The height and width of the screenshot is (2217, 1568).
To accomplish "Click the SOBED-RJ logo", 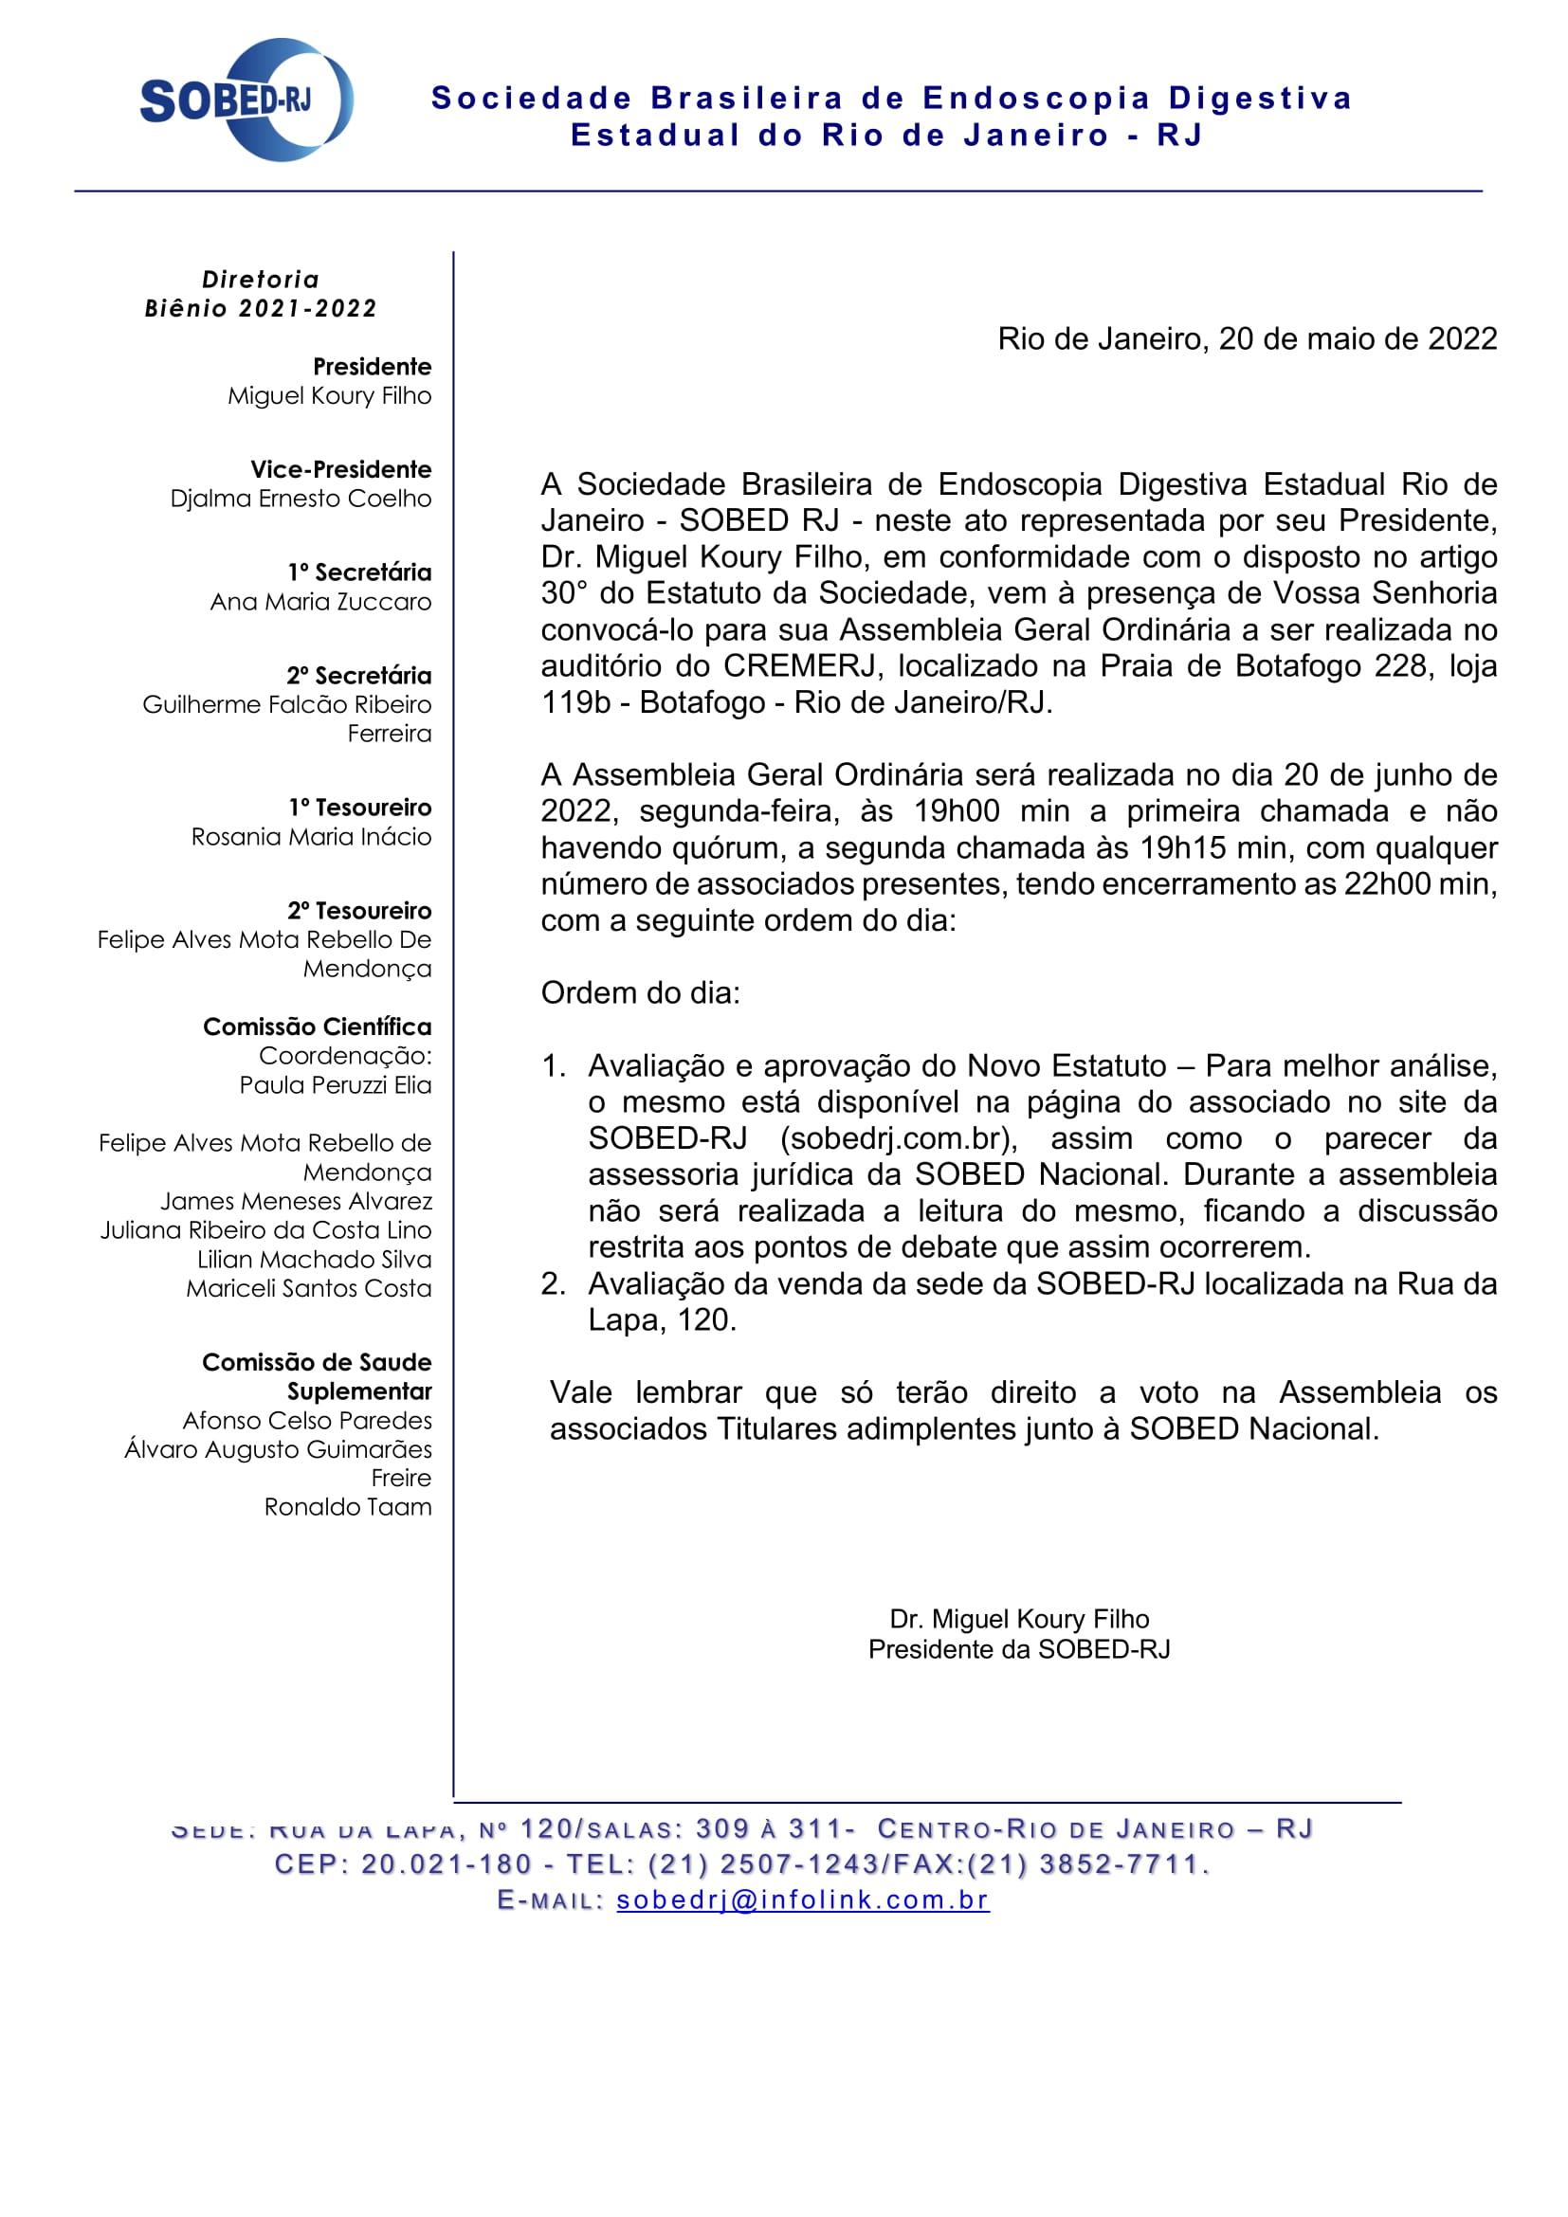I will [246, 100].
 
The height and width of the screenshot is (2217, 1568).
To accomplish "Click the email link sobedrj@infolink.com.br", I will [802, 1899].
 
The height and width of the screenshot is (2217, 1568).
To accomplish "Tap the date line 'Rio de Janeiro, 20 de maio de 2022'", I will [1247, 339].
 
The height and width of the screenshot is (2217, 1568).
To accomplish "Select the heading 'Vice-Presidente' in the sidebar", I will [341, 469].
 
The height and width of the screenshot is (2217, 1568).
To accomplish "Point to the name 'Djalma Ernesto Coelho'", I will [301, 499].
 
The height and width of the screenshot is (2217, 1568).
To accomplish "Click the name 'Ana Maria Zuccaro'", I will [320, 602].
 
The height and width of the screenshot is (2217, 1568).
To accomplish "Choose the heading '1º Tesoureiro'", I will [359, 808].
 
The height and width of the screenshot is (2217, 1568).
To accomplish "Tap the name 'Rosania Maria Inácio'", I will [311, 836].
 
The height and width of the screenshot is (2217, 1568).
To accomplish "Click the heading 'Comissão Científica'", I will [317, 1027].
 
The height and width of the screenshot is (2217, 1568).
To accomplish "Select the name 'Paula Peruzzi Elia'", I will [335, 1084].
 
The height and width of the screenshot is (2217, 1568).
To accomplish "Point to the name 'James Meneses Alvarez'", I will [296, 1200].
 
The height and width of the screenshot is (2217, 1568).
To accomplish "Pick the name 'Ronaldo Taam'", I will [348, 1506].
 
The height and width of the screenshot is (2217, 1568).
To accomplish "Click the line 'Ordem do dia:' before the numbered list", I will [640, 992].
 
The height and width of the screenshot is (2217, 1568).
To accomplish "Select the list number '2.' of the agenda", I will [554, 1283].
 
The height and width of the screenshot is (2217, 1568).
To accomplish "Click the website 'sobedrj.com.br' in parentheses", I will [898, 1138].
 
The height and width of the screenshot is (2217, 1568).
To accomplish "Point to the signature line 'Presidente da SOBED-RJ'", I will [1018, 1648].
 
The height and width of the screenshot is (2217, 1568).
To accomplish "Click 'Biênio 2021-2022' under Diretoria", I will [261, 308].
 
